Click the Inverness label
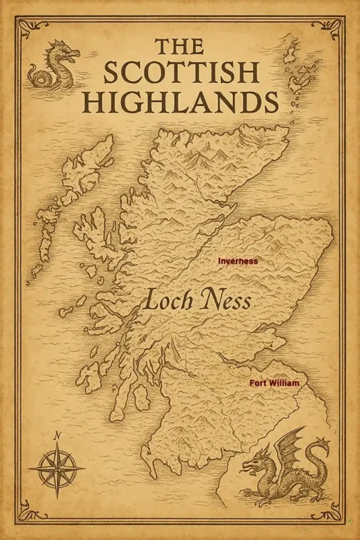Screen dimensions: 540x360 coord(237,261)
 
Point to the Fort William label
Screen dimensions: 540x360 coord(274,383)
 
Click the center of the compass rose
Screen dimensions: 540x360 coord(57,468)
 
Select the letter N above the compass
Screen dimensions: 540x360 coord(57,435)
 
